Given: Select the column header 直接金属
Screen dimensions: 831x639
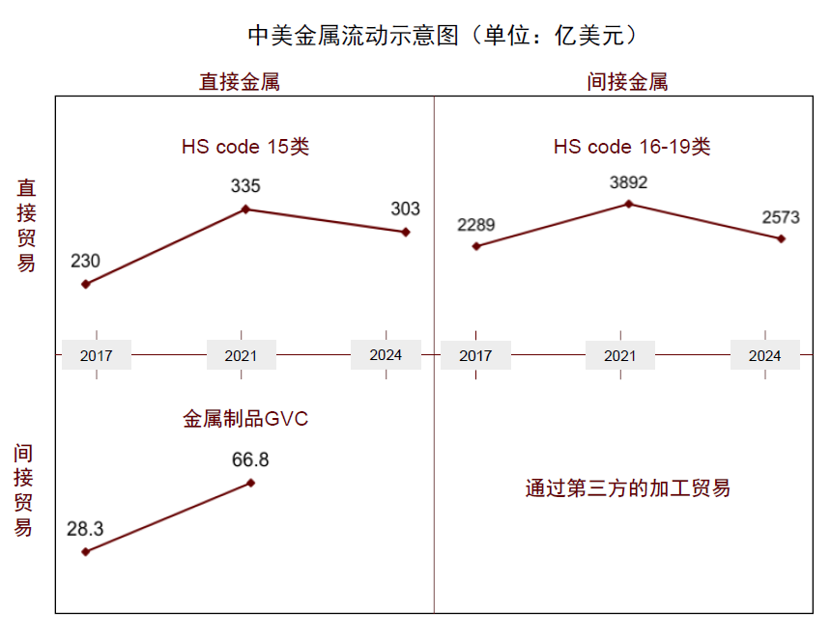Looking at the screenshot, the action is [x=240, y=82].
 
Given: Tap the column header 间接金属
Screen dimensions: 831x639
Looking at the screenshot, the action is [x=627, y=82].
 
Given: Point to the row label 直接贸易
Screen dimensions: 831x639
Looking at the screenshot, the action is [x=26, y=225].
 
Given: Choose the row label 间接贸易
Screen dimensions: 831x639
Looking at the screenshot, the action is [x=23, y=489].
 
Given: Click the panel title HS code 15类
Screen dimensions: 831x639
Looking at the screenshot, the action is [x=244, y=147].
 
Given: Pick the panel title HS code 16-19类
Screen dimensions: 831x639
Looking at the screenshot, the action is [x=631, y=147].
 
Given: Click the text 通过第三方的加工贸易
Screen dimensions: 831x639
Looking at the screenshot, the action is [x=627, y=488].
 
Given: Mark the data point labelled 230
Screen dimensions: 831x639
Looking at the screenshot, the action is [x=86, y=284].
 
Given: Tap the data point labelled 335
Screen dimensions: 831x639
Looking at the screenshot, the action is [x=245, y=208].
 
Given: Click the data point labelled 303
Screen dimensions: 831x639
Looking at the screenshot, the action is [x=406, y=232].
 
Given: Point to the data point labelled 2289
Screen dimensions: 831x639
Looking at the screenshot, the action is [x=475, y=246].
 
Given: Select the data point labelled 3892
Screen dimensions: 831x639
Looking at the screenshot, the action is [x=629, y=204].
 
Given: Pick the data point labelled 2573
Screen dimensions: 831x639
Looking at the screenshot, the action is [x=782, y=238].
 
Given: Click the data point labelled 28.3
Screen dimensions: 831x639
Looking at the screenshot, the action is [x=86, y=551].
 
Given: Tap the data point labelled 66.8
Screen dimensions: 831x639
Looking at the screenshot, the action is [x=251, y=483].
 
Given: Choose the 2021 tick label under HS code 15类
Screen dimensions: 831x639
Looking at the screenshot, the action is [x=241, y=355].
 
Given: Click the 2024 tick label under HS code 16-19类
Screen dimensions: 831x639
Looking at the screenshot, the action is [x=764, y=355].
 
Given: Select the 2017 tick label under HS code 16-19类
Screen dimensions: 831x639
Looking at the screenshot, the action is [x=475, y=355].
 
